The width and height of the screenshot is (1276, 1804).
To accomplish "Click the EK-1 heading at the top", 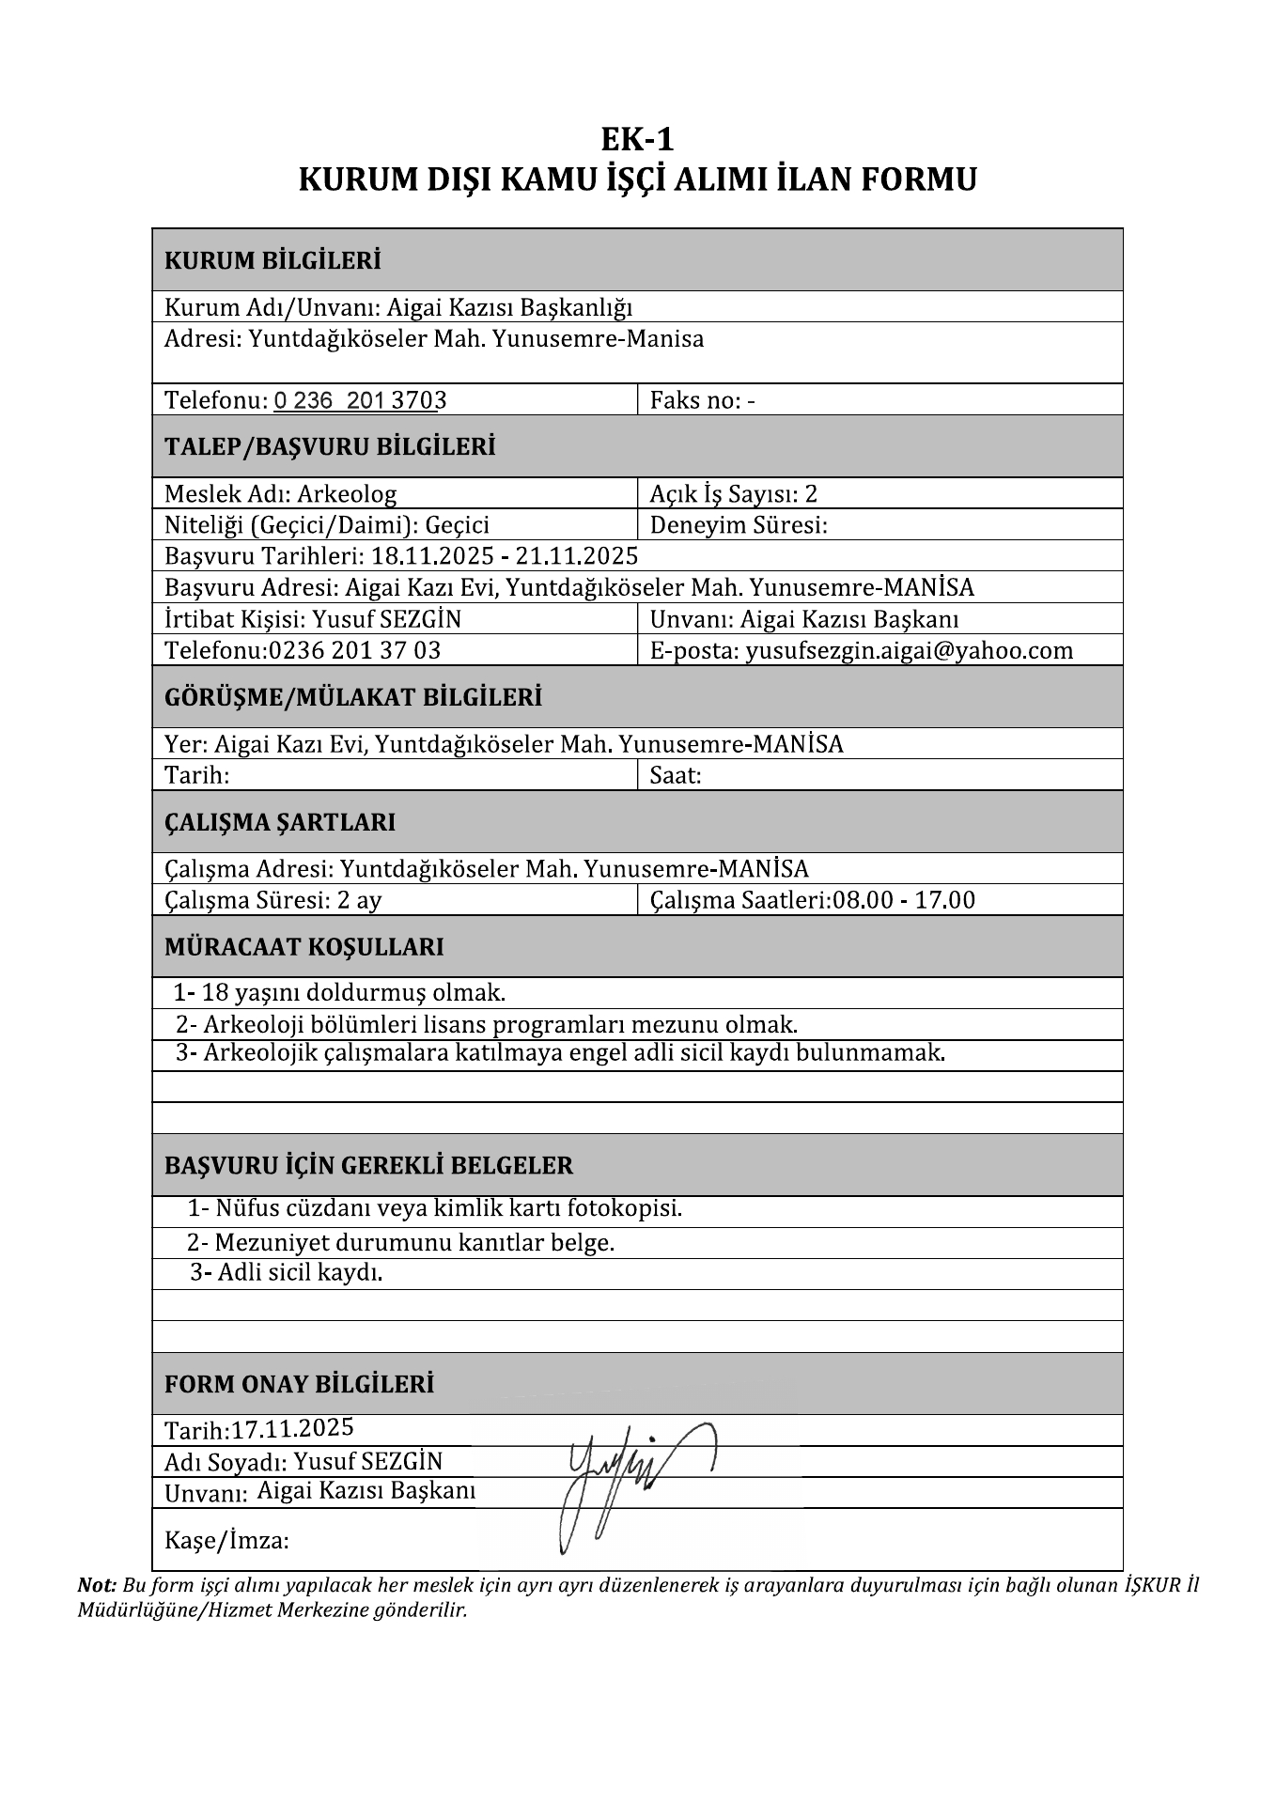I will pyautogui.click(x=637, y=140).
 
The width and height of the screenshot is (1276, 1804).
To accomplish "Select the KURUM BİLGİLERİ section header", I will pyautogui.click(x=272, y=260).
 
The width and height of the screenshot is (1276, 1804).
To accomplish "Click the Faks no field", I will pyautogui.click(x=702, y=400).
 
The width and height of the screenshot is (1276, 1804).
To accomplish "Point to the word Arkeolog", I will pyautogui.click(x=347, y=494).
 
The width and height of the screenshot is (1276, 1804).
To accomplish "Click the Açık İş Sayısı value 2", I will pyautogui.click(x=812, y=494).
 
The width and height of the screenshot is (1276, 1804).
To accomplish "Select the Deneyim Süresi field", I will pyautogui.click(x=739, y=525).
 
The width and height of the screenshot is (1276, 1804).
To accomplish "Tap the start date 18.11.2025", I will pyautogui.click(x=432, y=556).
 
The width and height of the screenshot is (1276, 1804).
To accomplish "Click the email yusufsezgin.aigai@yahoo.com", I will pyautogui.click(x=909, y=650).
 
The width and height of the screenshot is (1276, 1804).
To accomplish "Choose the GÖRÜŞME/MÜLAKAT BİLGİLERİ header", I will pyautogui.click(x=353, y=697).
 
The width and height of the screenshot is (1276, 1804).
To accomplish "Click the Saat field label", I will pyautogui.click(x=676, y=775).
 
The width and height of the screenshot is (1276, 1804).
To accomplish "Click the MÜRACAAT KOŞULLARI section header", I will pyautogui.click(x=303, y=946).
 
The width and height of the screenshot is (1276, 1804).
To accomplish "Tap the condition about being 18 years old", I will pyautogui.click(x=353, y=992).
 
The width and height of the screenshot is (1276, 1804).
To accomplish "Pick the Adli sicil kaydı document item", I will pyautogui.click(x=300, y=1273).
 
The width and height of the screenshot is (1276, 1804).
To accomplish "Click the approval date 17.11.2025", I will pyautogui.click(x=292, y=1428).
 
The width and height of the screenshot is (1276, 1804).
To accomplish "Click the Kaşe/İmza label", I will pyautogui.click(x=226, y=1540).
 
